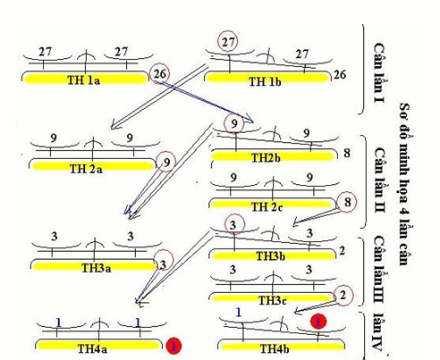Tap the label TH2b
pyautogui.click(x=266, y=158)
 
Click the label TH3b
pyautogui.click(x=268, y=256)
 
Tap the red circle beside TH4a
pyautogui.click(x=174, y=345)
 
